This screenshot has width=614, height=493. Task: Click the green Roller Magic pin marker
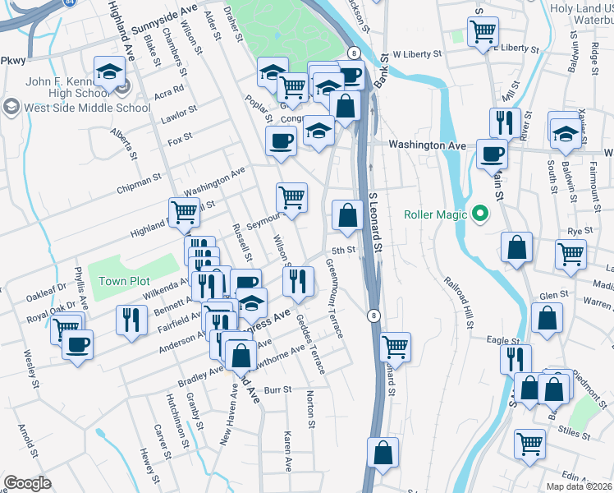coord(479,215)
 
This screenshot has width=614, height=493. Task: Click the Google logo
coord(26,483)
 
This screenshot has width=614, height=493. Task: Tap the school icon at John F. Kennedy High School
coord(108,72)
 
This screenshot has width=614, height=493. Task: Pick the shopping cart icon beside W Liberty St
coord(483,32)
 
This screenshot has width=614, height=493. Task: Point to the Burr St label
coord(278,389)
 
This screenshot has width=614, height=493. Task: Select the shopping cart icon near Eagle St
coord(396,346)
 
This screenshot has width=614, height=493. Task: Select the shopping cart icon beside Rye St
coord(570,254)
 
